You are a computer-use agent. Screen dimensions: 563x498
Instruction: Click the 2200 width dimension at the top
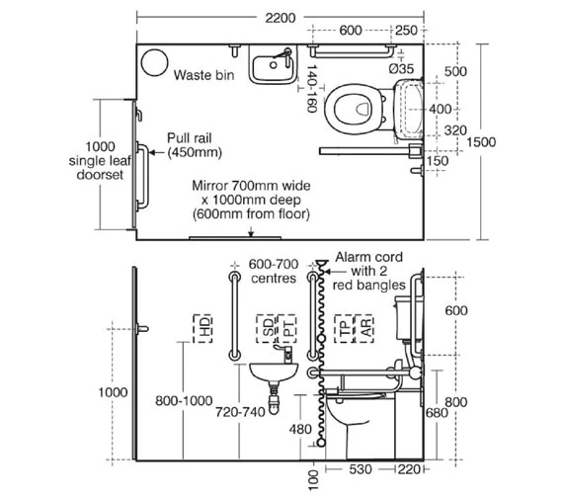281,18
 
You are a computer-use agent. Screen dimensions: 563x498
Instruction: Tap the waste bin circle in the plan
154,62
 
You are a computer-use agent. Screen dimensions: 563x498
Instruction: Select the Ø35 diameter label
401,68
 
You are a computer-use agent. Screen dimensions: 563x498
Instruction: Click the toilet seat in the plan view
354,109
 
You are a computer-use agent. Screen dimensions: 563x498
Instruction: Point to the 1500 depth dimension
481,142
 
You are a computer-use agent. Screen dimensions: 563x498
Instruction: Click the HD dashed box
202,328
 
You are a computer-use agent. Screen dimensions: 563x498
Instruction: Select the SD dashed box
267,328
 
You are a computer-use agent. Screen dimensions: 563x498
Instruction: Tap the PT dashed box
286,328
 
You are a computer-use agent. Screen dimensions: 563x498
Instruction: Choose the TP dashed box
344,328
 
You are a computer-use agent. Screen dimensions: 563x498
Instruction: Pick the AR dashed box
364,328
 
